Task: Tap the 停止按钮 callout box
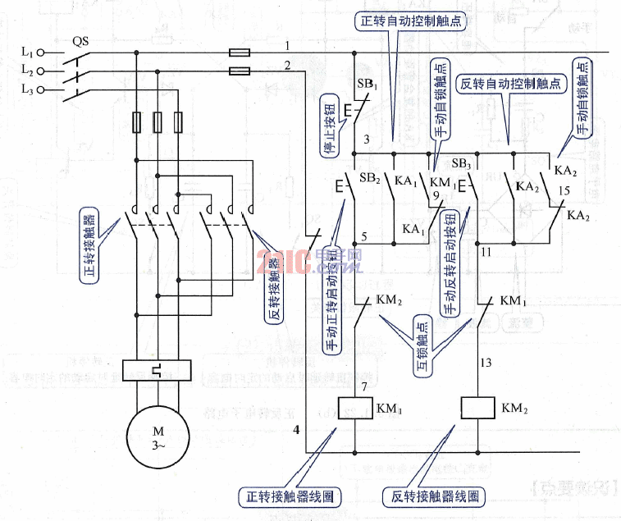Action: point(326,126)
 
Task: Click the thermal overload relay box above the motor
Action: point(156,371)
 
